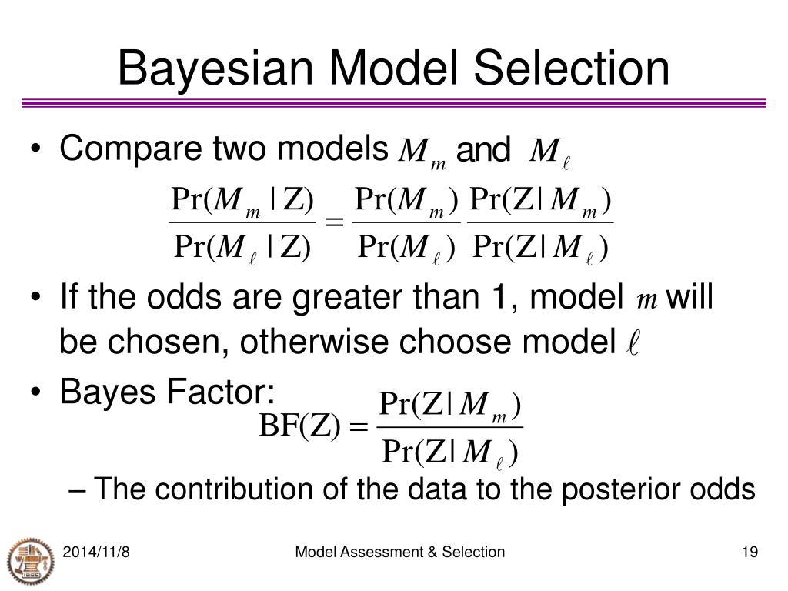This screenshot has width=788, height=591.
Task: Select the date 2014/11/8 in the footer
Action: pyautogui.click(x=95, y=552)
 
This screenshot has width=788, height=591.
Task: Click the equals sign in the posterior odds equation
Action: pyautogui.click(x=334, y=224)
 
